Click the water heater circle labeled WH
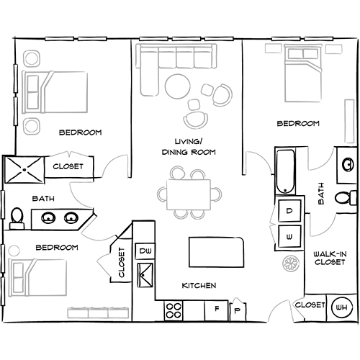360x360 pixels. (342, 307)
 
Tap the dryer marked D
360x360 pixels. (289, 210)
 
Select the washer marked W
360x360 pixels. (289, 236)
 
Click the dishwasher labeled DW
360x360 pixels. (145, 251)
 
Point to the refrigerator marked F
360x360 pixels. (216, 310)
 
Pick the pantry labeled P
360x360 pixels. (238, 310)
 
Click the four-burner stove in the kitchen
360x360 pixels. (174, 310)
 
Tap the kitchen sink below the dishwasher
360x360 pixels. (145, 275)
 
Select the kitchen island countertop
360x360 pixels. (216, 252)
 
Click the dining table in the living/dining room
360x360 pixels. (189, 194)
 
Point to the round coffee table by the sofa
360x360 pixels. (178, 86)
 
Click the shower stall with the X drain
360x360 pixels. (24, 170)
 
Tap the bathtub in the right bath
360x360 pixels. (285, 171)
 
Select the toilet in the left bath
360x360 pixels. (17, 218)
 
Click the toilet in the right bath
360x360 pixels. (346, 198)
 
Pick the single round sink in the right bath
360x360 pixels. (348, 165)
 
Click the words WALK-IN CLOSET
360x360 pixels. (330, 258)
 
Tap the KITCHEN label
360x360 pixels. (199, 285)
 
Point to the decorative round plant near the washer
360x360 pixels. (291, 264)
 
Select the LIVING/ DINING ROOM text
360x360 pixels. (189, 147)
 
